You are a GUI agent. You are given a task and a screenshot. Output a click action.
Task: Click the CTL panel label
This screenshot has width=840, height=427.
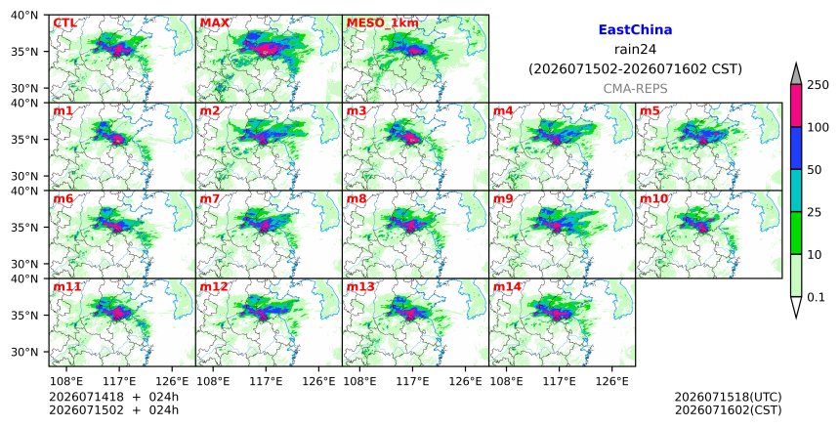[64, 23]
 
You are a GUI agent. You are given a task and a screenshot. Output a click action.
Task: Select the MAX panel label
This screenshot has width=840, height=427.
[214, 23]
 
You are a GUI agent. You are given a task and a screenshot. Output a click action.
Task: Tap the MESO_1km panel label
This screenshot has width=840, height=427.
[383, 23]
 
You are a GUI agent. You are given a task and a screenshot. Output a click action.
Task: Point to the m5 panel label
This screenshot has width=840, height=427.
[650, 110]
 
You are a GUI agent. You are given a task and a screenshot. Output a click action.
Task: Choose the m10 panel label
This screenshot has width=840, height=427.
[653, 198]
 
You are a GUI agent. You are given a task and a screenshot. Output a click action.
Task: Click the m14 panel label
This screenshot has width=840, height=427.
[507, 286]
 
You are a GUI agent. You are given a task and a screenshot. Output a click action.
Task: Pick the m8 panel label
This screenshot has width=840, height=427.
[357, 198]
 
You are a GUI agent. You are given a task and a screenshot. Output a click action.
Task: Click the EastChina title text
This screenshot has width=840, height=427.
[635, 30]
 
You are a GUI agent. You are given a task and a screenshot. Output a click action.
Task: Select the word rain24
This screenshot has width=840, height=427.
[635, 49]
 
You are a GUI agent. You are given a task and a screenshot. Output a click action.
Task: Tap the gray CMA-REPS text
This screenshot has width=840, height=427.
[635, 89]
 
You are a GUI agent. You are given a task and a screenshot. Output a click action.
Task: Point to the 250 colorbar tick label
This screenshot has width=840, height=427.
[818, 85]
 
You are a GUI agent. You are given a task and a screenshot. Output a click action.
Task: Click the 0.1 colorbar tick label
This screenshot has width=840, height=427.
[816, 297]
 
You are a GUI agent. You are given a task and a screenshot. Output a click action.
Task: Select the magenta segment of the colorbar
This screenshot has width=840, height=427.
[795, 106]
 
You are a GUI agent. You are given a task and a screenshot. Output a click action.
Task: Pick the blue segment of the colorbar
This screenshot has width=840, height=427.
[795, 149]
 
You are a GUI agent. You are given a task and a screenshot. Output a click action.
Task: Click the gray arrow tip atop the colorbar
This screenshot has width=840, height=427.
[795, 64]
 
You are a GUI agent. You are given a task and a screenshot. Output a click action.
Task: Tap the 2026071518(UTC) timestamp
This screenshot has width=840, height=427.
[728, 397]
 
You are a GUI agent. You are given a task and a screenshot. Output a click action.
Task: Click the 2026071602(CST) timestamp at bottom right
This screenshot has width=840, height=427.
[728, 410]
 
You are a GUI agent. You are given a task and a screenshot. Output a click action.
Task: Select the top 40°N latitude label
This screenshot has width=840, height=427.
[24, 15]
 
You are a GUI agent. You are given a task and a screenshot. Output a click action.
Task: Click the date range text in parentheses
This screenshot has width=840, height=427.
[635, 69]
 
